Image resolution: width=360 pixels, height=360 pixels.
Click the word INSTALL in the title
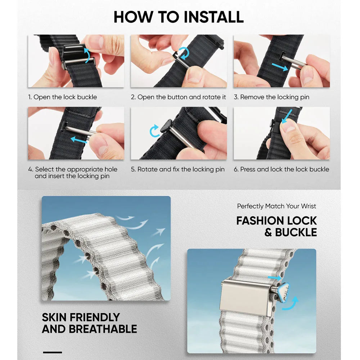(x=213, y=17)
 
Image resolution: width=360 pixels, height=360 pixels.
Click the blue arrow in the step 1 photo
(x=88, y=55)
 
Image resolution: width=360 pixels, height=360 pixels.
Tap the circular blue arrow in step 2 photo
(x=184, y=54)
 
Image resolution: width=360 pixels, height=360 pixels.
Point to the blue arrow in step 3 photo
(x=280, y=67)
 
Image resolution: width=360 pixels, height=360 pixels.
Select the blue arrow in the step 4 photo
(x=79, y=140)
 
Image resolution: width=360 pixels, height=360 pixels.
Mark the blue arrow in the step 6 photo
(x=287, y=116)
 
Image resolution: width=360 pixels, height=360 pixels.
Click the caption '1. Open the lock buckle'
(x=62, y=97)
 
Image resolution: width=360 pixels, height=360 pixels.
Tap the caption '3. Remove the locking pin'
(x=271, y=97)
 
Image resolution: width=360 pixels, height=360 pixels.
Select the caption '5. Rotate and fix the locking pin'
(x=178, y=170)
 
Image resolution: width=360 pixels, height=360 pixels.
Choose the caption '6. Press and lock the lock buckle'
(x=282, y=170)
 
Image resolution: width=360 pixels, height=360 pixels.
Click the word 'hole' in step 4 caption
(x=111, y=170)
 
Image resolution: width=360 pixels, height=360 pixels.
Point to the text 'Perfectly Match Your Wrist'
(x=276, y=206)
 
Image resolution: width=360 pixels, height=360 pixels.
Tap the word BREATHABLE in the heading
(x=103, y=329)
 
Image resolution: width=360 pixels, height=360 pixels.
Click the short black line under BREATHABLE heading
(x=52, y=352)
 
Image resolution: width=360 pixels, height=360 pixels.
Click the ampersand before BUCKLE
(x=268, y=233)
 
